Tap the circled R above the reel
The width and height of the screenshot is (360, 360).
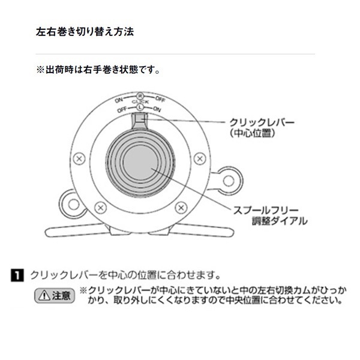tap(139, 96)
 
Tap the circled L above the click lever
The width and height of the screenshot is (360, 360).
tap(139, 109)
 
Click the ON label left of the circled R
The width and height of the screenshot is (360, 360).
tap(119, 98)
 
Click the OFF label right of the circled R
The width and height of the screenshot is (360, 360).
tap(160, 98)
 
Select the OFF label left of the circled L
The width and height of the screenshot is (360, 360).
tap(122, 110)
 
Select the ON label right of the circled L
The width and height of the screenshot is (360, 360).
tap(157, 109)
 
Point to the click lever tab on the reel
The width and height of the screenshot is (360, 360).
tap(139, 122)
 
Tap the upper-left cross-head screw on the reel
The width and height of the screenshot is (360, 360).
tap(78, 159)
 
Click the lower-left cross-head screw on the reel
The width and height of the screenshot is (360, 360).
tap(101, 208)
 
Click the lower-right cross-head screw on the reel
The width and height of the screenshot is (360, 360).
tap(181, 208)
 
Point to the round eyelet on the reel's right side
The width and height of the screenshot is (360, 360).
tap(229, 181)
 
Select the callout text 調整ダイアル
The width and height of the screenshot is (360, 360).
tap(279, 221)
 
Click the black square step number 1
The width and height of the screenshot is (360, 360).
tap(19, 276)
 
